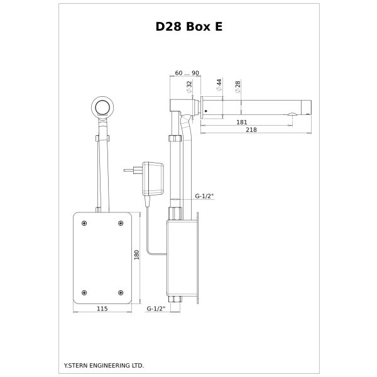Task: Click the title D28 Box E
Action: (x=189, y=26)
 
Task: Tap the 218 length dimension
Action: (x=251, y=130)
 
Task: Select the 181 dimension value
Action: (x=242, y=122)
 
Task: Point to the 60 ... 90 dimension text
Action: (x=187, y=73)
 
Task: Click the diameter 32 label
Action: (x=189, y=87)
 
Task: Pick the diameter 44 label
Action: (x=219, y=85)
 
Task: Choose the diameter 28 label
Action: (x=238, y=87)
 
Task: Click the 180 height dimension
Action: (x=136, y=255)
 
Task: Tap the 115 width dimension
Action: (x=102, y=309)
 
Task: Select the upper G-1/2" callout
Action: (x=204, y=196)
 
